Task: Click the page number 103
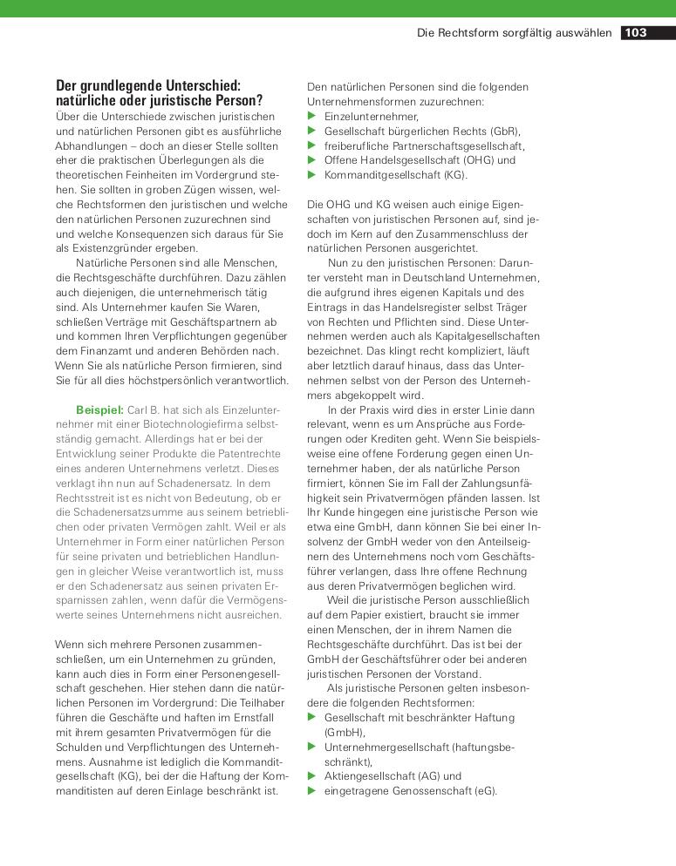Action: click(635, 33)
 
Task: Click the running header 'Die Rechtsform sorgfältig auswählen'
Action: click(515, 33)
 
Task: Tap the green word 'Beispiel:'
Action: click(99, 409)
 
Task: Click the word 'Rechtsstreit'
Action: click(86, 498)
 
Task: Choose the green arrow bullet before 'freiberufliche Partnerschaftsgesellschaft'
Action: click(312, 145)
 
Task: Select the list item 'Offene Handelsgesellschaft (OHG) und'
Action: click(420, 160)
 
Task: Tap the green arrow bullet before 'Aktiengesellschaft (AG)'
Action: click(312, 775)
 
